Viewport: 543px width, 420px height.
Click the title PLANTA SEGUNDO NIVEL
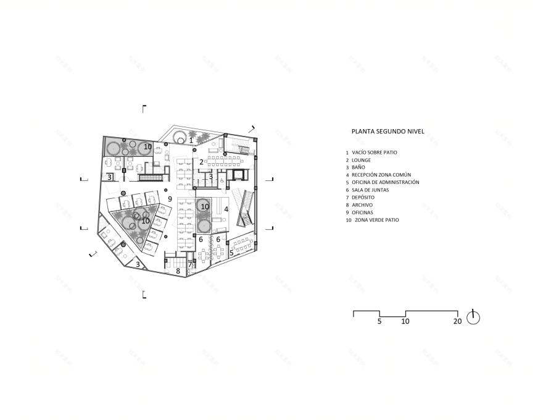(388, 132)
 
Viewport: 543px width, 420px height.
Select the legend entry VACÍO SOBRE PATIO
(375, 153)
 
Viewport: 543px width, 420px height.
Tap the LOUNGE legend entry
(361, 160)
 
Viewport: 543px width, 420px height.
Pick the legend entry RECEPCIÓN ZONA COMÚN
(381, 175)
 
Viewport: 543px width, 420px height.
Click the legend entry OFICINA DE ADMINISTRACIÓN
(386, 182)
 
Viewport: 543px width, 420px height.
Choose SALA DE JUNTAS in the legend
(370, 190)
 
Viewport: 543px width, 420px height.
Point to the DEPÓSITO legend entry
(363, 198)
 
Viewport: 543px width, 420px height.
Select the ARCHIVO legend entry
(362, 205)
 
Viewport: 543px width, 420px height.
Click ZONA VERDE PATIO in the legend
(377, 220)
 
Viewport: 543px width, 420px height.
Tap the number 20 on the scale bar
(457, 321)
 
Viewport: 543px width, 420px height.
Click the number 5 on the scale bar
(379, 321)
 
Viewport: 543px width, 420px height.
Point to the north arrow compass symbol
(473, 317)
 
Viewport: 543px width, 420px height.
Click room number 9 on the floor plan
(170, 199)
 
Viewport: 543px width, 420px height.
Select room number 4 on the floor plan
(226, 209)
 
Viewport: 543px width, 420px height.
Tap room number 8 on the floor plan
(178, 271)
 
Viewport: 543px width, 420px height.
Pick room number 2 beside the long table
(201, 162)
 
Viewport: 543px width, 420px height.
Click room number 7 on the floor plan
(190, 265)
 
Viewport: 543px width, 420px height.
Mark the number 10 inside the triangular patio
(146, 220)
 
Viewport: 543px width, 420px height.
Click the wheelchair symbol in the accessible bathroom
(222, 180)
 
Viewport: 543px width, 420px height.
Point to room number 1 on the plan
(191, 141)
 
